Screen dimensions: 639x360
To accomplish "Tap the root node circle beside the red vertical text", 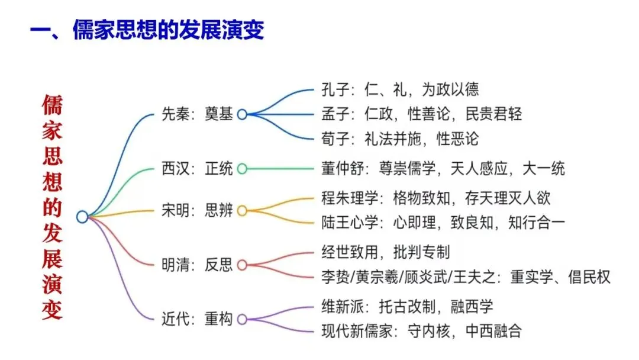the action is point(82,217).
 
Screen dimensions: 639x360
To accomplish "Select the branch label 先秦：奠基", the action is point(197,114).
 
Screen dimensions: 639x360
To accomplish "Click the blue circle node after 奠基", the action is point(242,114).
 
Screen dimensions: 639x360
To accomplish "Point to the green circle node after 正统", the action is point(242,169).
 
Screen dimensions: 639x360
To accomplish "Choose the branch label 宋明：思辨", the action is point(197,210).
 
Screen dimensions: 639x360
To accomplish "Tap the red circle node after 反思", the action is point(242,265).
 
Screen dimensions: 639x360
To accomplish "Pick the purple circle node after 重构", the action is point(242,319).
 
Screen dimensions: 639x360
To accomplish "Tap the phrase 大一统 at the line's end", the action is point(544,169).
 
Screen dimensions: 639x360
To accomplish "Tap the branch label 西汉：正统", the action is point(197,169).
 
